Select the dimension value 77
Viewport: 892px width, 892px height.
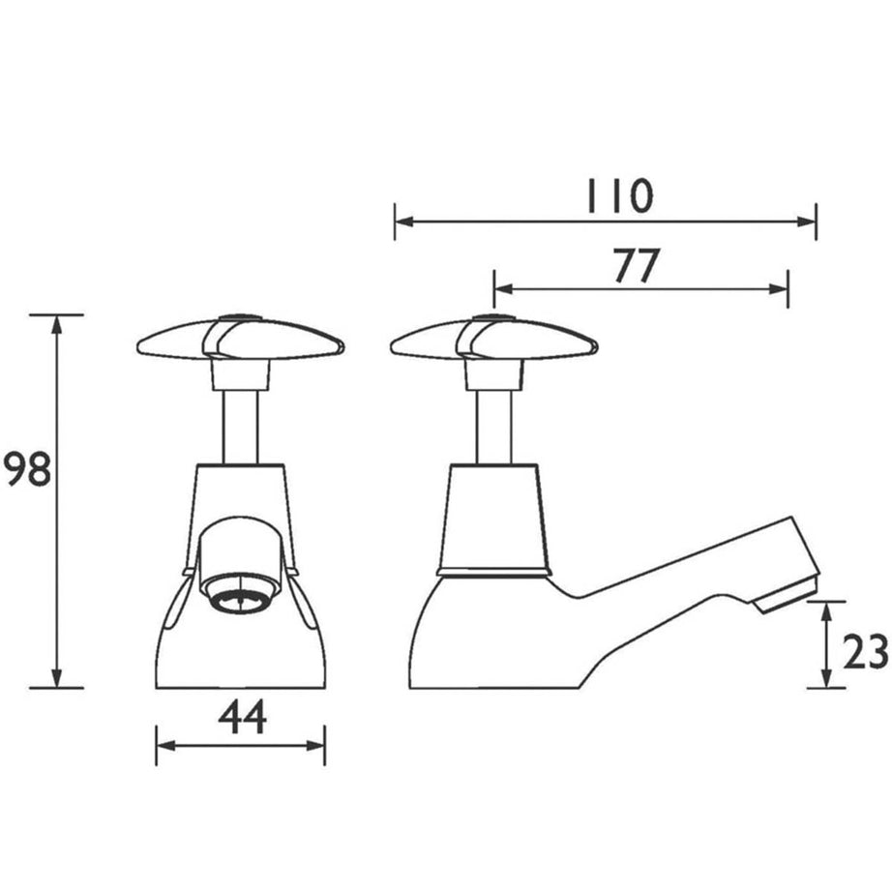[x=636, y=266]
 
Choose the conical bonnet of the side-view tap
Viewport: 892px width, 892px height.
[x=493, y=518]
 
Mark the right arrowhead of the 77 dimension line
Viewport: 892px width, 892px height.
[x=781, y=288]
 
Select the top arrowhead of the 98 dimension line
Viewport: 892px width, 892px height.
[x=56, y=323]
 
